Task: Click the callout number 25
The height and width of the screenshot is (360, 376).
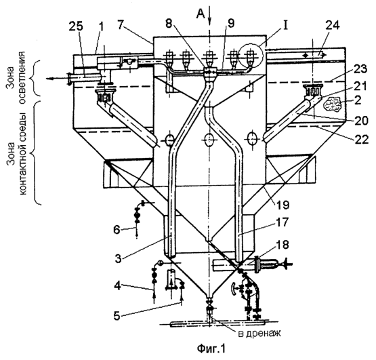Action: tap(76, 27)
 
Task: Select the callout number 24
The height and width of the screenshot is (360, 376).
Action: tap(333, 26)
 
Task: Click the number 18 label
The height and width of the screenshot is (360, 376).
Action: tap(283, 245)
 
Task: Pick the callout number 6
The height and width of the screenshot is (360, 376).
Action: tap(117, 230)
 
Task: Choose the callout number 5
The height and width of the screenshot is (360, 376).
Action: tap(117, 316)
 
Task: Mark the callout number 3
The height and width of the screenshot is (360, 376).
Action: tap(118, 259)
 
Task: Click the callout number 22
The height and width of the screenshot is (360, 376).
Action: tap(362, 140)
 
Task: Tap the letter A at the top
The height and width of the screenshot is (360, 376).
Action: tap(201, 14)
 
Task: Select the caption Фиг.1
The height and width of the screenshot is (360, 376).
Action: tap(211, 348)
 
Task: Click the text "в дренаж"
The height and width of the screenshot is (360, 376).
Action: tap(259, 334)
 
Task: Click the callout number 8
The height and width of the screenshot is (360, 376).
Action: tap(169, 24)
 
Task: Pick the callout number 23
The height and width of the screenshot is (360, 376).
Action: tap(360, 69)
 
